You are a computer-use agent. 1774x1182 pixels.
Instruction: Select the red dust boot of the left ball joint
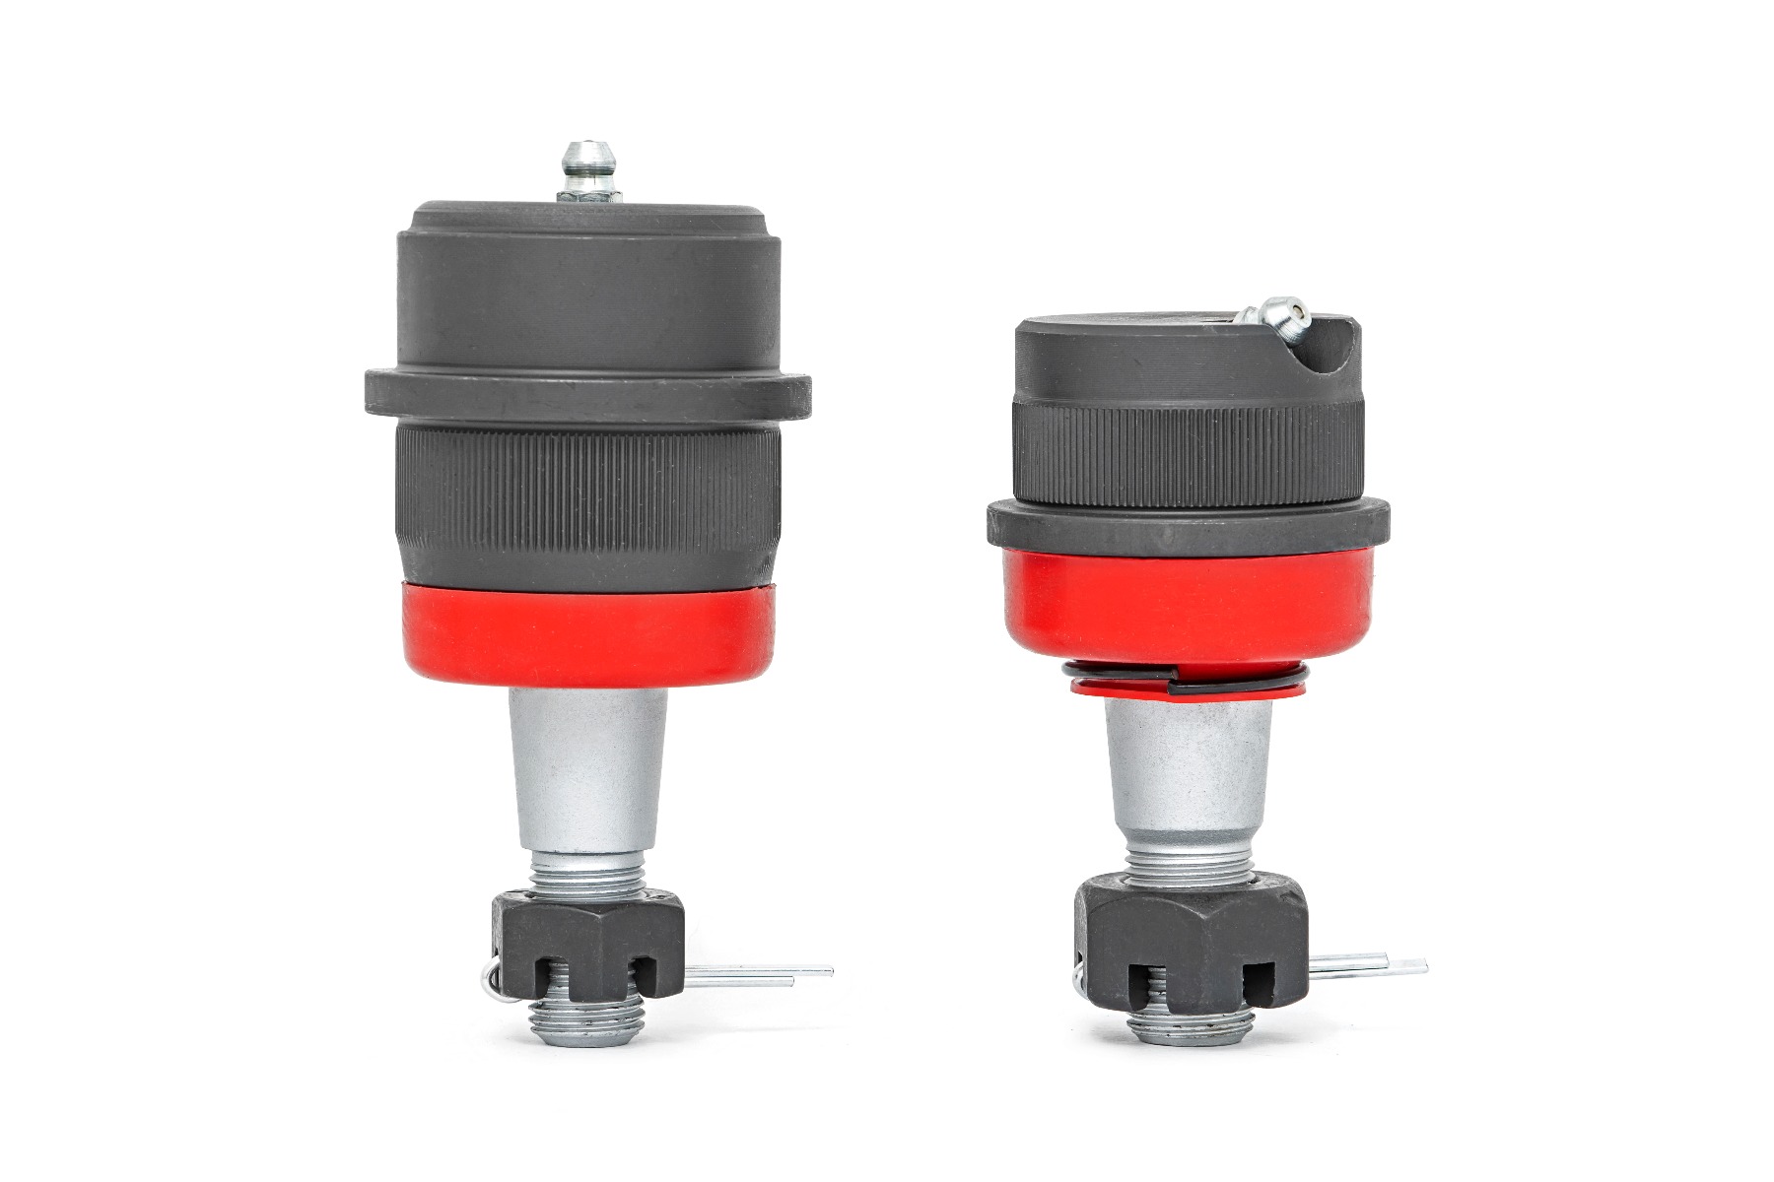[x=588, y=634]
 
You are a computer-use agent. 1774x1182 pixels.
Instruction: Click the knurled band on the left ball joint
[x=588, y=502]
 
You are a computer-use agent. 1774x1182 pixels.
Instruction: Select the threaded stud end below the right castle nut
[x=1188, y=1025]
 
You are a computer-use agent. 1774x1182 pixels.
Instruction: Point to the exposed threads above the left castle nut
[x=588, y=872]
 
